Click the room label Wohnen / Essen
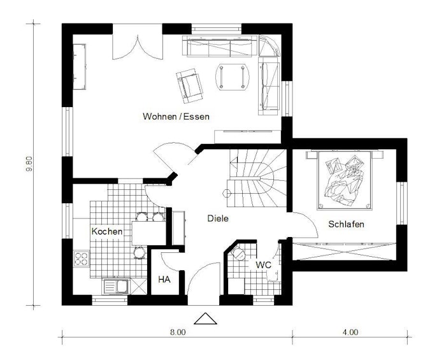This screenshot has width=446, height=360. pyautogui.click(x=176, y=117)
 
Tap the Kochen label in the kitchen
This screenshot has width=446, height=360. pyautogui.click(x=107, y=231)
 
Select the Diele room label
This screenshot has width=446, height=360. pyautogui.click(x=218, y=219)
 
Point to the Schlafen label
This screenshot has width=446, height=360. pyautogui.click(x=346, y=224)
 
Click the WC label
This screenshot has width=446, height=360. pyautogui.click(x=263, y=265)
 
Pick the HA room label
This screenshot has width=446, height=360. pyautogui.click(x=164, y=280)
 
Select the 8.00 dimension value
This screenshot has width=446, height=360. pyautogui.click(x=178, y=332)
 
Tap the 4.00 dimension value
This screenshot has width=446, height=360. pyautogui.click(x=350, y=332)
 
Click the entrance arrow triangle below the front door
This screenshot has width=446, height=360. pyautogui.click(x=205, y=319)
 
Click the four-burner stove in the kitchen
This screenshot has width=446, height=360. pyautogui.click(x=81, y=259)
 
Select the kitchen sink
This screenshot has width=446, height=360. pyautogui.click(x=116, y=286)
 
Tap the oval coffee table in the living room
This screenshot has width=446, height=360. pyautogui.click(x=233, y=77)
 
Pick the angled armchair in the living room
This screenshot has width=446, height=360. pyautogui.click(x=190, y=86)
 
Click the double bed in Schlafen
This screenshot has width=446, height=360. pyautogui.click(x=345, y=180)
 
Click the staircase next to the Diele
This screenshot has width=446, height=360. pyautogui.click(x=256, y=178)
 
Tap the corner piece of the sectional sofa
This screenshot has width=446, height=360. pyautogui.click(x=269, y=45)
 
